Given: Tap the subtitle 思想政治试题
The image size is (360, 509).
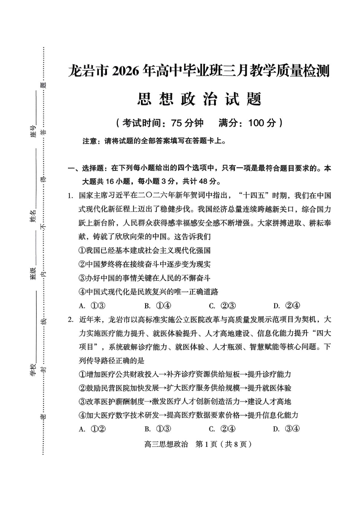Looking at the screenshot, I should (x=199, y=98).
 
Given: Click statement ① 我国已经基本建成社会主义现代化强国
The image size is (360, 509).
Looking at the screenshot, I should (x=145, y=250).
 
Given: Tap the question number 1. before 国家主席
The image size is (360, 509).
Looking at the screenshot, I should (x=70, y=196).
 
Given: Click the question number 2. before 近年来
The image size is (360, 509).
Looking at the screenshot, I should (x=70, y=319).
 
